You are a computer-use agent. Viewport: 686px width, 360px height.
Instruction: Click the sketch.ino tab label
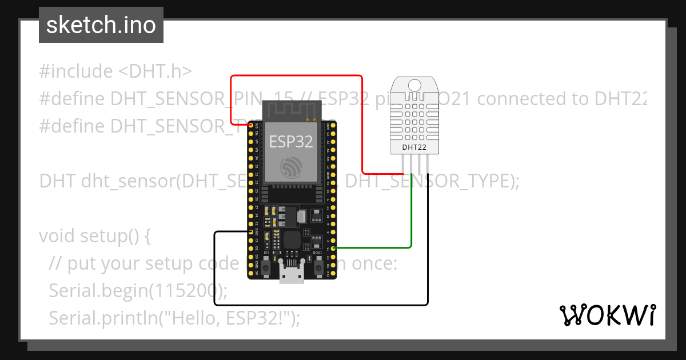[101, 25]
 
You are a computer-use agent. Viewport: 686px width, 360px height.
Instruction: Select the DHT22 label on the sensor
[414, 147]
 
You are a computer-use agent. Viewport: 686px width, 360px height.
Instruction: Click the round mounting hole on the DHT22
[414, 86]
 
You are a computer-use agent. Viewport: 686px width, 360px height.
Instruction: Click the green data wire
[411, 217]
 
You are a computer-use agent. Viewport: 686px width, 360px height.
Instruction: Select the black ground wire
[320, 305]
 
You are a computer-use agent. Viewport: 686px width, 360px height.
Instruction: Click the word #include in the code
[76, 71]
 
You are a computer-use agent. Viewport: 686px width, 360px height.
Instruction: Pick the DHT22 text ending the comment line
[620, 99]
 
